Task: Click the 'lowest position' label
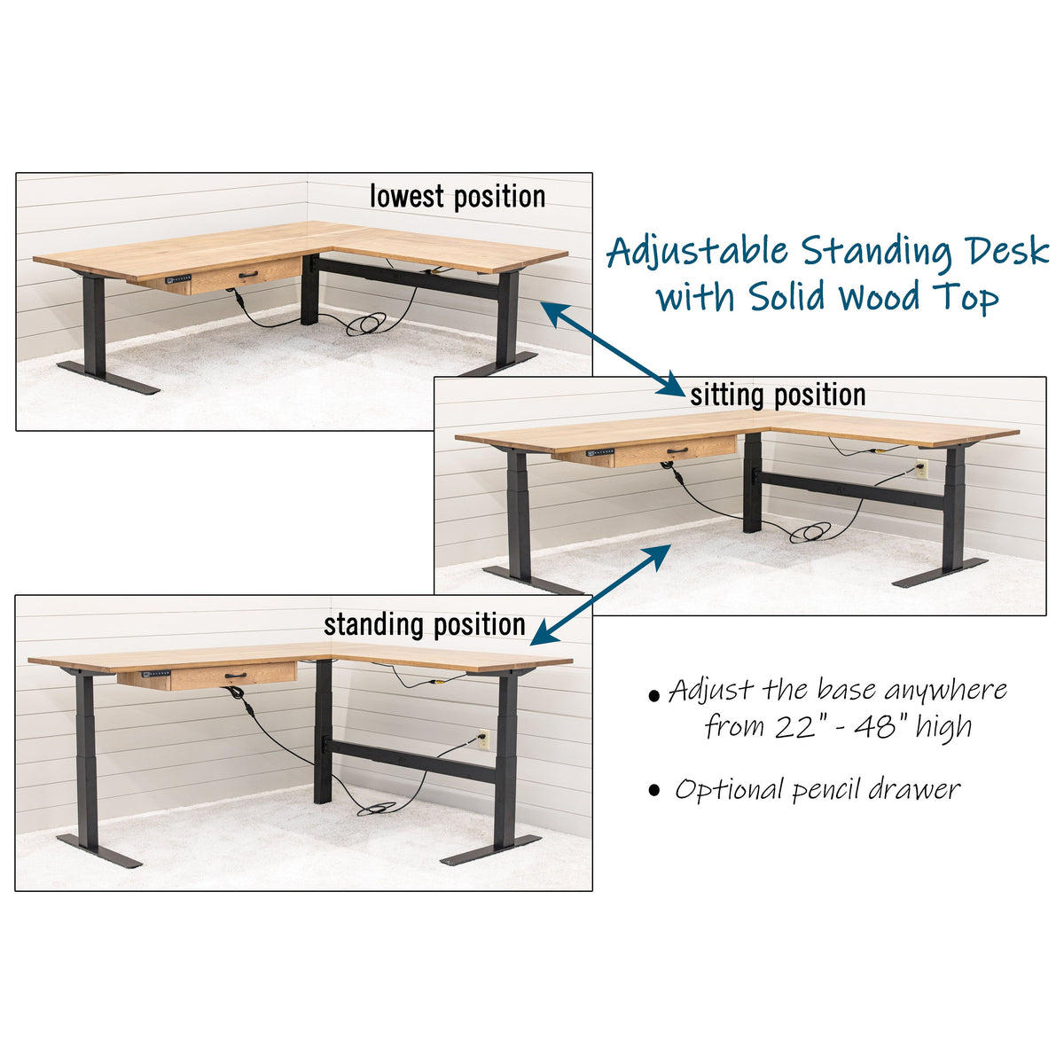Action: point(458,196)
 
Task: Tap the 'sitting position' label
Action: point(778,395)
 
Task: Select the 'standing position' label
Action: point(425,624)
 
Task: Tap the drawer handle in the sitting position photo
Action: point(677,451)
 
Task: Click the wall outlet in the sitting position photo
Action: point(922,468)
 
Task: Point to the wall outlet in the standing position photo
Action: point(483,738)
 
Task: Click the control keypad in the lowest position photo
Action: point(177,278)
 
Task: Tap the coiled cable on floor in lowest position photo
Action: point(366,325)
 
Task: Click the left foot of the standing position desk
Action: point(98,850)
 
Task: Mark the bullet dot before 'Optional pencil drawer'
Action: point(654,790)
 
